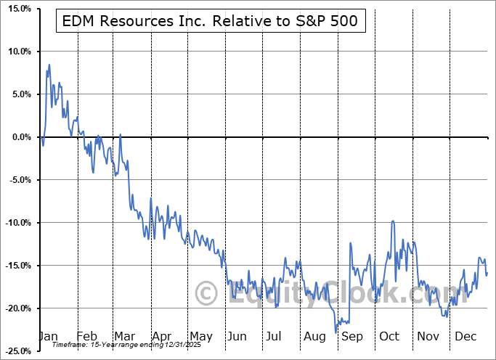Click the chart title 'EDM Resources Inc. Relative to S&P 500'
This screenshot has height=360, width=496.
tap(210, 21)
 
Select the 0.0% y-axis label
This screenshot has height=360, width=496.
tap(18, 137)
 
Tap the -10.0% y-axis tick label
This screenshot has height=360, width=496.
tap(15, 223)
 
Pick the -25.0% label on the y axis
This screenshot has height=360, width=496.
tap(15, 351)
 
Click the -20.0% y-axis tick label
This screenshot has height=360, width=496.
tap(15, 308)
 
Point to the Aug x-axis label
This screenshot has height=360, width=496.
tap(314, 336)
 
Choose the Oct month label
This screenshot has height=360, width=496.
tap(389, 336)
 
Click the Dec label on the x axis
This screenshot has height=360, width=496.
tap(465, 336)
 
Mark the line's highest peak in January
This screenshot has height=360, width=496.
tap(49, 65)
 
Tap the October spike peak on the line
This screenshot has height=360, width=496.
tap(393, 221)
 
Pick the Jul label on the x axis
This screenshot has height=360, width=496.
tap(275, 336)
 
